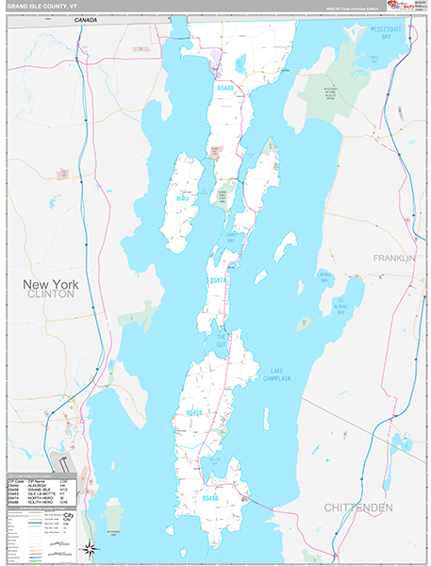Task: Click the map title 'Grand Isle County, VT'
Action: pyautogui.click(x=44, y=6)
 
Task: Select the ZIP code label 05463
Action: pyautogui.click(x=181, y=199)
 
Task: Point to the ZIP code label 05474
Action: pyautogui.click(x=218, y=280)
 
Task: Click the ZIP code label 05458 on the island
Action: pyautogui.click(x=193, y=412)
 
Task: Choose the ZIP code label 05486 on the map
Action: pyautogui.click(x=210, y=496)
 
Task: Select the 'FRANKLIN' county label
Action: pyautogui.click(x=393, y=258)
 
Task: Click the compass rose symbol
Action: pyautogui.click(x=89, y=548)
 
